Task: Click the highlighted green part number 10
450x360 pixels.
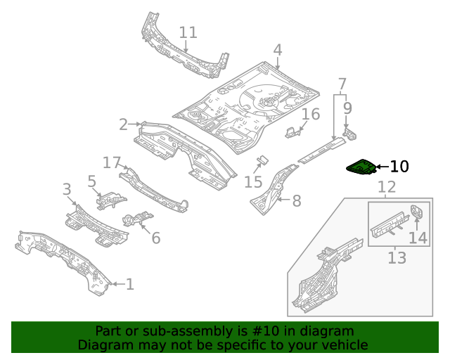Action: pos(361,169)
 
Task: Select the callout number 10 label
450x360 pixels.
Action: pos(399,167)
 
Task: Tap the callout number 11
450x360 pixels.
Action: pos(188,32)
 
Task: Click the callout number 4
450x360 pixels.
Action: pos(278,50)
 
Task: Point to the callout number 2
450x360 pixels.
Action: pos(124,124)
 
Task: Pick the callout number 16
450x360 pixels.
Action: pos(311,115)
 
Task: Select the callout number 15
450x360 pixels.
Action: pos(253,183)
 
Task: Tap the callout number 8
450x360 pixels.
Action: pos(297,201)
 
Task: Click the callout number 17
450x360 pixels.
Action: pos(112,163)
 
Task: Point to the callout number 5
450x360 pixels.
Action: pos(92,181)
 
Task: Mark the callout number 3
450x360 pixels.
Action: pos(67,189)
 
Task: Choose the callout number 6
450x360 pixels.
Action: pos(155,238)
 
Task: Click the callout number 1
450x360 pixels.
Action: pos(129,284)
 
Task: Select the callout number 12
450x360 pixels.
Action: pos(387,187)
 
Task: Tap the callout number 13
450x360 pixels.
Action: pos(397,257)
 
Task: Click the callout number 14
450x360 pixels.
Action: pos(418,238)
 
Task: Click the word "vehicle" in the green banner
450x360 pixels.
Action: pos(345,345)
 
